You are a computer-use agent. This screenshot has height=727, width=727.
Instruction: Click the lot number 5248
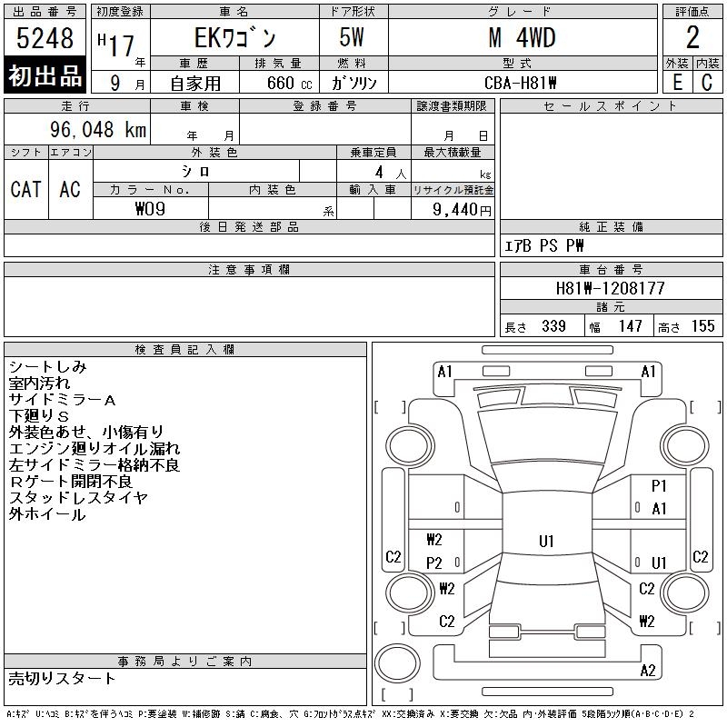point(45,38)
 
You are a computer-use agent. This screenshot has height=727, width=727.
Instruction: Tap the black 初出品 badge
point(45,75)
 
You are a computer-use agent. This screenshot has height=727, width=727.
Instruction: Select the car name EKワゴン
point(235,38)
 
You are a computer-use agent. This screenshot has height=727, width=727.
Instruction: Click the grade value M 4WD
point(522,38)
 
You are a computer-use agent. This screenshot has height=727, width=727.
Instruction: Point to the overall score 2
point(692,37)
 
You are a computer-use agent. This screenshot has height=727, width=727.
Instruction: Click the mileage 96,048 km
point(98,129)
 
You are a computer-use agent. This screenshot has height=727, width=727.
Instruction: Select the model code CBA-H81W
point(520,83)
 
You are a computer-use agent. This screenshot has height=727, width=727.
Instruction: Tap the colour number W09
point(150,209)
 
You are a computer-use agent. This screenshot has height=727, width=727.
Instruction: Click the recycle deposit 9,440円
point(462,210)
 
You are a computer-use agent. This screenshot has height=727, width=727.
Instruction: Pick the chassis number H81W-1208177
point(610,288)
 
